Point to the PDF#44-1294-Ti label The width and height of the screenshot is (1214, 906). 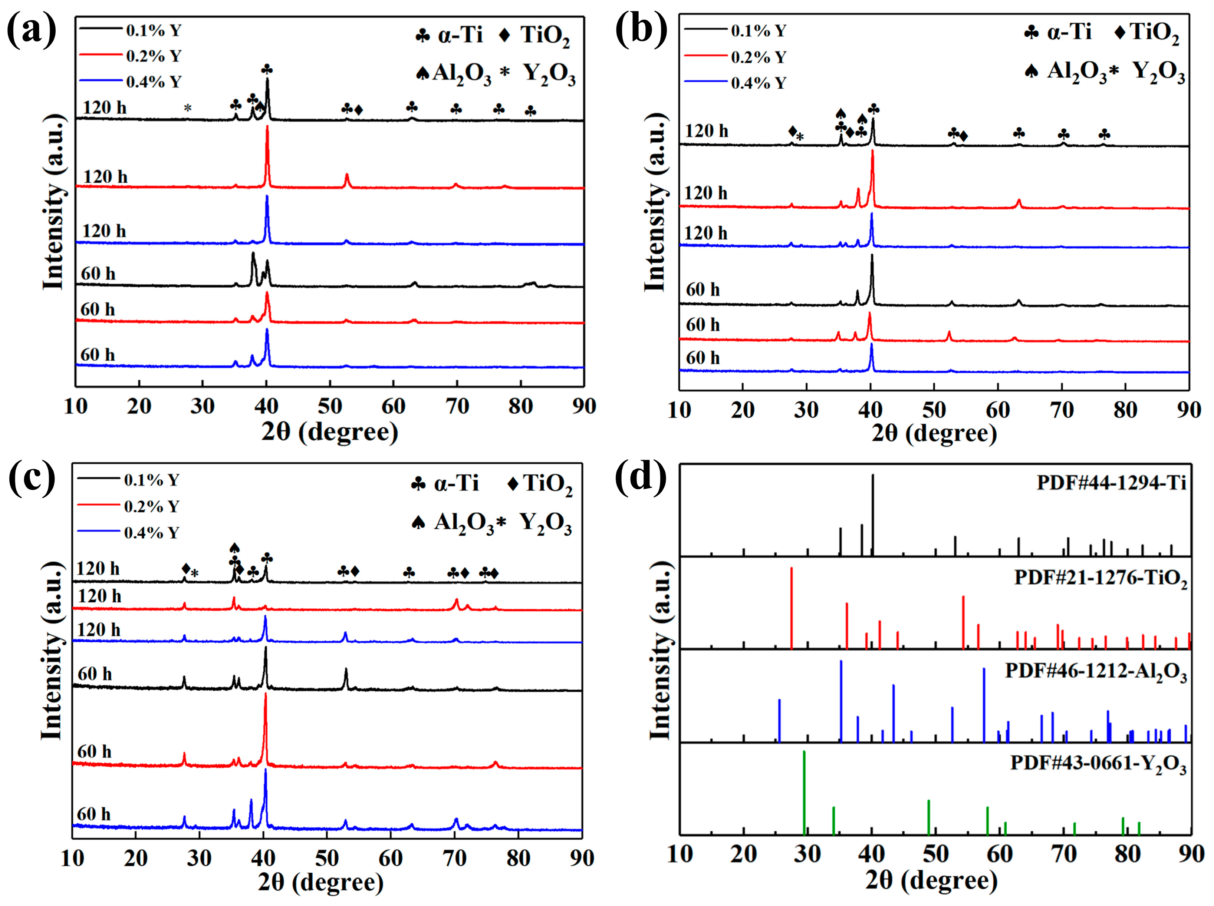(x=1111, y=483)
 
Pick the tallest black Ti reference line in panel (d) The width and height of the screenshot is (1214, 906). (x=872, y=516)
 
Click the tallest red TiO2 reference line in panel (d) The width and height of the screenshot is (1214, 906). (x=791, y=609)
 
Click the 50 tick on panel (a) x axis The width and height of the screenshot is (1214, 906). (x=330, y=406)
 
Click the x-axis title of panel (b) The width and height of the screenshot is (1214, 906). (x=934, y=433)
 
